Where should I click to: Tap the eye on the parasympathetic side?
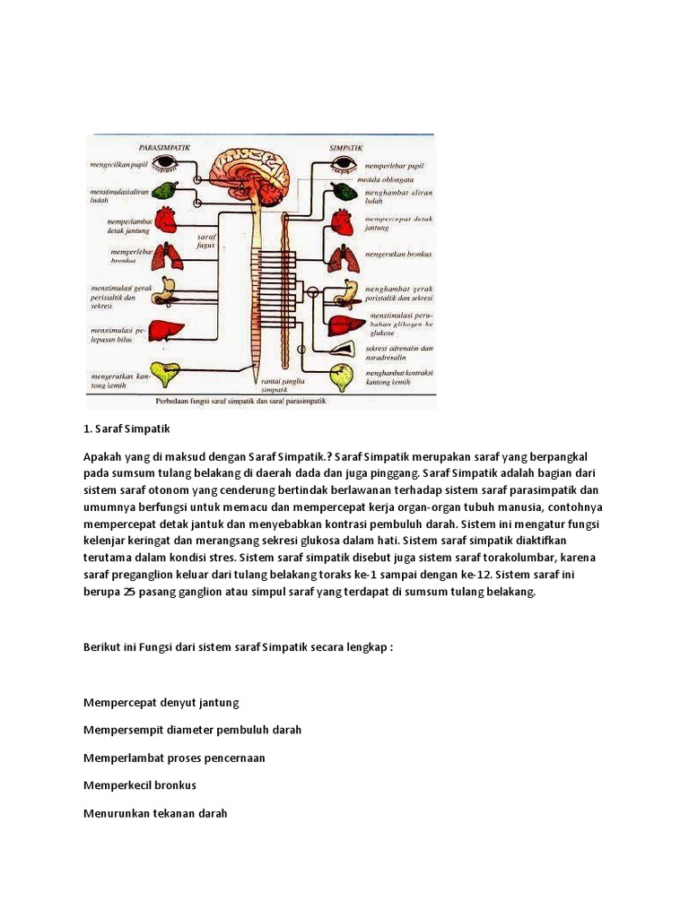point(164,163)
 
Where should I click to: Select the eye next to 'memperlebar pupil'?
point(344,163)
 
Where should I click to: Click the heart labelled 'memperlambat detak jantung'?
point(167,221)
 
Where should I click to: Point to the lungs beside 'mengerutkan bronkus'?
point(343,258)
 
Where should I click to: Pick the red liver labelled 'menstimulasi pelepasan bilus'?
point(166,330)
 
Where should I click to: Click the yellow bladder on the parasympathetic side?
point(164,371)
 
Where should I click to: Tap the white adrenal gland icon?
point(343,348)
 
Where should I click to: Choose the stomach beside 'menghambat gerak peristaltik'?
point(344,292)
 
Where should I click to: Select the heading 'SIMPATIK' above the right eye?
point(346,144)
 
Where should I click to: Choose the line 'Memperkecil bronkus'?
point(139,785)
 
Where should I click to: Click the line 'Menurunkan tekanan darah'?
point(155,813)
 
